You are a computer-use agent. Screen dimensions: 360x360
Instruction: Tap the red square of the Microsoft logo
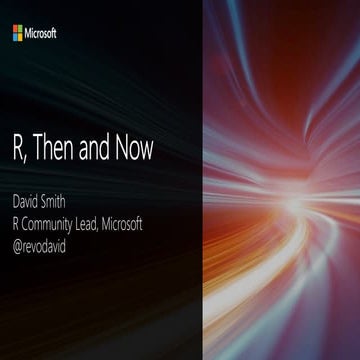coord(15,30)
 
